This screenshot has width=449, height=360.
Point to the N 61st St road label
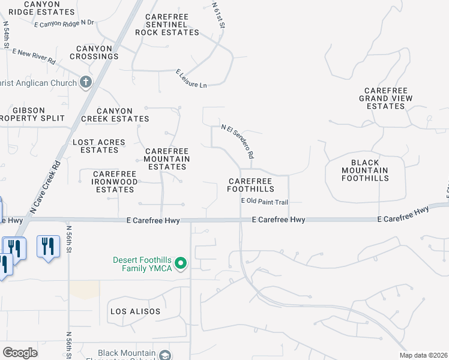pyautogui.click(x=218, y=16)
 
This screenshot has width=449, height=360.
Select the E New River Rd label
pyautogui.click(x=34, y=57)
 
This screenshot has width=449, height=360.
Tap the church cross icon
pyautogui.click(x=86, y=82)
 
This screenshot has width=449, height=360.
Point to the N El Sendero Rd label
pyautogui.click(x=238, y=141)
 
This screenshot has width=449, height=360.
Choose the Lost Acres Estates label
pyautogui.click(x=99, y=146)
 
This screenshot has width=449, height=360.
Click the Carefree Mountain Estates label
pyautogui.click(x=167, y=159)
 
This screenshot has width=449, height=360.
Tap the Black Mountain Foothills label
pyautogui.click(x=365, y=170)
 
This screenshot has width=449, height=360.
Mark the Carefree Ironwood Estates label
pyautogui.click(x=114, y=182)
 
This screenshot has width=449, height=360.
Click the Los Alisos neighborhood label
pyautogui.click(x=135, y=311)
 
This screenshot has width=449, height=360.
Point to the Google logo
pyautogui.click(x=20, y=353)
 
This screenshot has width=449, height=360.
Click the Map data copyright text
pyautogui.click(x=423, y=355)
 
